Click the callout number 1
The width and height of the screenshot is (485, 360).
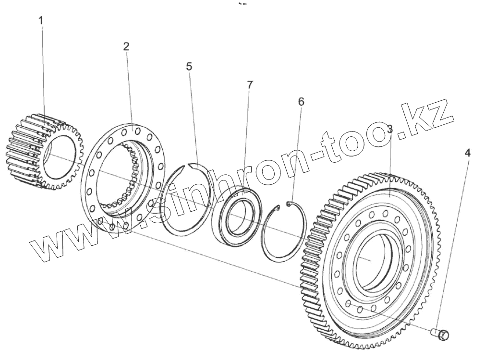pyautogui.click(x=41, y=21)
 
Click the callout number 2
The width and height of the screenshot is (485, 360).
pyautogui.click(x=126, y=47)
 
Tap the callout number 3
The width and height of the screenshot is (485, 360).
pyautogui.click(x=390, y=129)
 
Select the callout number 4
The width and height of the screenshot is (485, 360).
pyautogui.click(x=468, y=153)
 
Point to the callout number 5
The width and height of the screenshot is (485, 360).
pyautogui.click(x=189, y=67)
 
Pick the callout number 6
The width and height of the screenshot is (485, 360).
pyautogui.click(x=301, y=102)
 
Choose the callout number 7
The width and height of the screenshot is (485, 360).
pyautogui.click(x=250, y=85)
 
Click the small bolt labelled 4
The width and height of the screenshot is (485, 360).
pyautogui.click(x=440, y=335)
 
